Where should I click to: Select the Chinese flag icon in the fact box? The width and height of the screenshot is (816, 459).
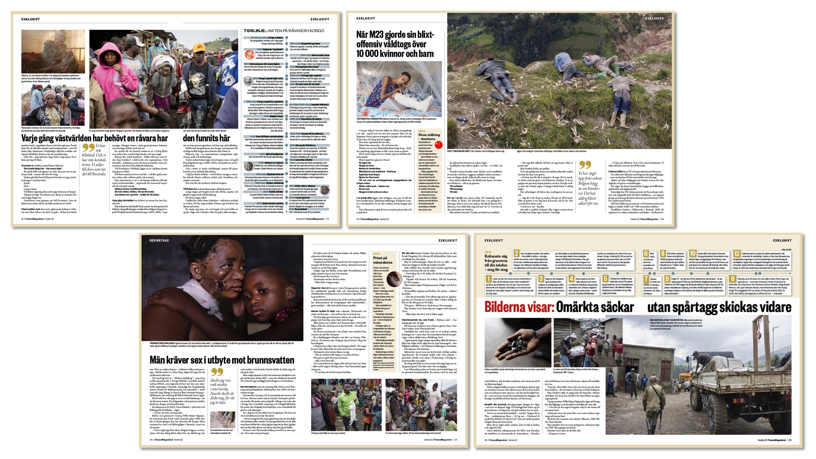tap(438, 145)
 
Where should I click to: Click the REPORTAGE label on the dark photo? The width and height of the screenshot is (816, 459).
tap(159, 241)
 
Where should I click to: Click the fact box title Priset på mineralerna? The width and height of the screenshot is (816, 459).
tap(382, 260)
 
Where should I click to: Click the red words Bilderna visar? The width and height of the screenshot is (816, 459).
tap(519, 307)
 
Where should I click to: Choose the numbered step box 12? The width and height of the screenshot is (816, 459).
tap(737, 254)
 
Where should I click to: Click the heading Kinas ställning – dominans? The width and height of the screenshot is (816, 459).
tap(429, 137)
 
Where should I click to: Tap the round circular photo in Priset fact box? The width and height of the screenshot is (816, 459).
tap(392, 278)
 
